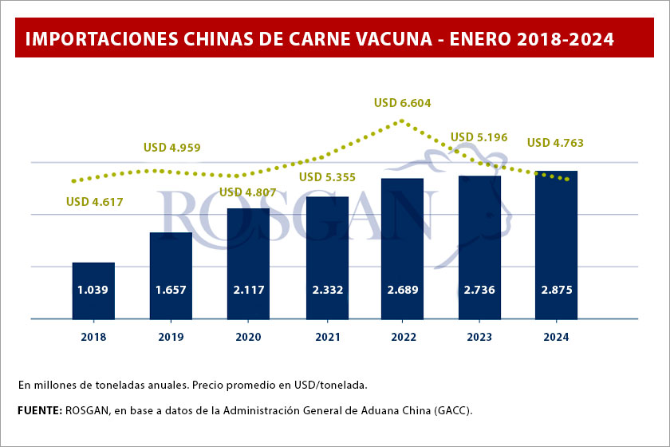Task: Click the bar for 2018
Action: [x=93, y=290]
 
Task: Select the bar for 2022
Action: [x=402, y=247]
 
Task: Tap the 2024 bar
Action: [x=556, y=244]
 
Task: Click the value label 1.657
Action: [x=171, y=290]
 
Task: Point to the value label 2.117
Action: [x=248, y=290]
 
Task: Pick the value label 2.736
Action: [x=479, y=290]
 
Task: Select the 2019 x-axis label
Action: [x=171, y=337]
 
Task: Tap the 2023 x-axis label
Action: [x=479, y=337]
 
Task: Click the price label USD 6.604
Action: [x=403, y=102]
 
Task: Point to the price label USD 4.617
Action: [x=95, y=202]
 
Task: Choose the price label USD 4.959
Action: [x=171, y=147]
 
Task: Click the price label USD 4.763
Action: [x=555, y=144]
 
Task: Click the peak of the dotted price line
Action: [x=403, y=121]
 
